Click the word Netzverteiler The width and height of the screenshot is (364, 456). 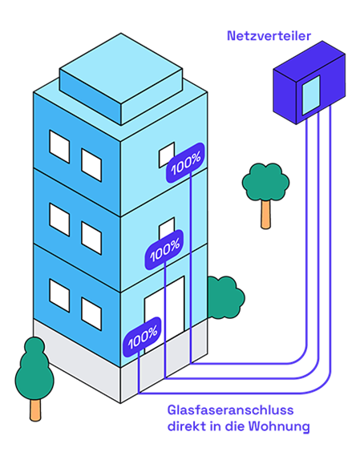pyautogui.click(x=269, y=36)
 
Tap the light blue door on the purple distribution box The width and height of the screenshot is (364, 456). pyautogui.click(x=311, y=95)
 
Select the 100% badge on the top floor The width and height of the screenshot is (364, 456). pyautogui.click(x=185, y=163)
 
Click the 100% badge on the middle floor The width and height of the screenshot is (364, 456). pyautogui.click(x=164, y=250)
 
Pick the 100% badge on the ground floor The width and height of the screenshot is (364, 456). pyautogui.click(x=142, y=337)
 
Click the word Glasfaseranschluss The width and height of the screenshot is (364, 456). pyautogui.click(x=230, y=410)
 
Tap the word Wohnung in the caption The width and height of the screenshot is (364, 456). pyautogui.click(x=279, y=427)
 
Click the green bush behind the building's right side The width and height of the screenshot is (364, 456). pyautogui.click(x=226, y=297)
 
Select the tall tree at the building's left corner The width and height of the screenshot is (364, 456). pyautogui.click(x=34, y=378)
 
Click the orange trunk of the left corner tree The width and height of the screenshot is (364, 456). pyautogui.click(x=35, y=410)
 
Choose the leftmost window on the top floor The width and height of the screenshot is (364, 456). pyautogui.click(x=59, y=147)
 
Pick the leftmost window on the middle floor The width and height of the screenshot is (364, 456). pyautogui.click(x=59, y=220)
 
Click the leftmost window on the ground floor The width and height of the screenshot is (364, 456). pyautogui.click(x=59, y=296)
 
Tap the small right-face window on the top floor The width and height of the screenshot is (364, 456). pyautogui.click(x=167, y=155)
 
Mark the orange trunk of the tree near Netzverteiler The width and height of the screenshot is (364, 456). pyautogui.click(x=265, y=215)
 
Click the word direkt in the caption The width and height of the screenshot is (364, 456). pyautogui.click(x=186, y=426)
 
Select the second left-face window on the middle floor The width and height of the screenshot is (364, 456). pyautogui.click(x=91, y=238)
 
